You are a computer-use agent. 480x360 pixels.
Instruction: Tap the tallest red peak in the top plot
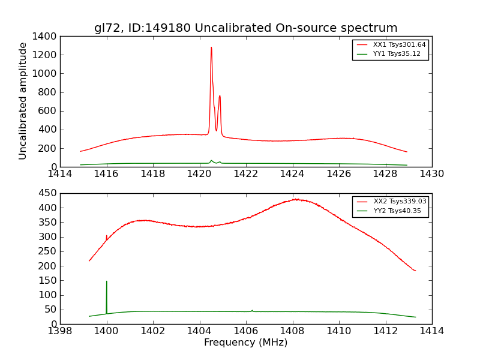[x=211, y=48]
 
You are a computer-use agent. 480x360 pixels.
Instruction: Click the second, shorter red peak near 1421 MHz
[x=220, y=96]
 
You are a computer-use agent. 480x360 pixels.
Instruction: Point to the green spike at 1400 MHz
[x=107, y=282]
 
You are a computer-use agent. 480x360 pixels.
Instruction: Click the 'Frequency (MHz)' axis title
[x=245, y=343]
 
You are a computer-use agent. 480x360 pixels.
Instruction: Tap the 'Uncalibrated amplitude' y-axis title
[x=23, y=101]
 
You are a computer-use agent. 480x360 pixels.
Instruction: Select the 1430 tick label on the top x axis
[x=431, y=175]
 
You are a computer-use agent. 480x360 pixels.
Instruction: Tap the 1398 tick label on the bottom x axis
[x=60, y=331]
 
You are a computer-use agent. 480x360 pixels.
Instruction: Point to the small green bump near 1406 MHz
[x=252, y=310]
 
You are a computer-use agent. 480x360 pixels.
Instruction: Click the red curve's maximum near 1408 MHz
[x=295, y=199]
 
